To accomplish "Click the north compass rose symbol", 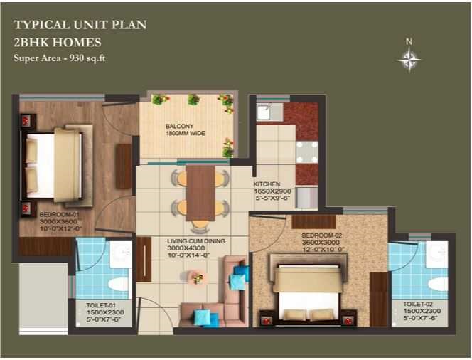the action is click(x=409, y=59).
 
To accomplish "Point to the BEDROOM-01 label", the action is click(x=60, y=215).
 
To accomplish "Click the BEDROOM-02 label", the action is click(x=322, y=235).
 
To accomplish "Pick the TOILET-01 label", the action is click(x=101, y=305).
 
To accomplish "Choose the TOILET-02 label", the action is click(x=418, y=304).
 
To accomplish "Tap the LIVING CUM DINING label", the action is click(x=196, y=241).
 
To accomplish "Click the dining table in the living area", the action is click(x=200, y=193).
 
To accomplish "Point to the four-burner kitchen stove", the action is click(x=307, y=152).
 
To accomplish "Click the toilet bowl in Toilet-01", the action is click(x=118, y=285).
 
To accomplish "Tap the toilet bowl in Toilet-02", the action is click(x=439, y=284).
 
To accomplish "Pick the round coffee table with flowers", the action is click(x=198, y=277).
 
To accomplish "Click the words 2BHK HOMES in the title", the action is click(x=58, y=42).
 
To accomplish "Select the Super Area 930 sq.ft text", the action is click(x=60, y=58).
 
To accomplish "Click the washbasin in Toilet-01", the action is click(x=121, y=254).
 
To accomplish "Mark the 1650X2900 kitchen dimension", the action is click(x=273, y=191).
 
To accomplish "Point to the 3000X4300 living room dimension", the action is click(x=186, y=248).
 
